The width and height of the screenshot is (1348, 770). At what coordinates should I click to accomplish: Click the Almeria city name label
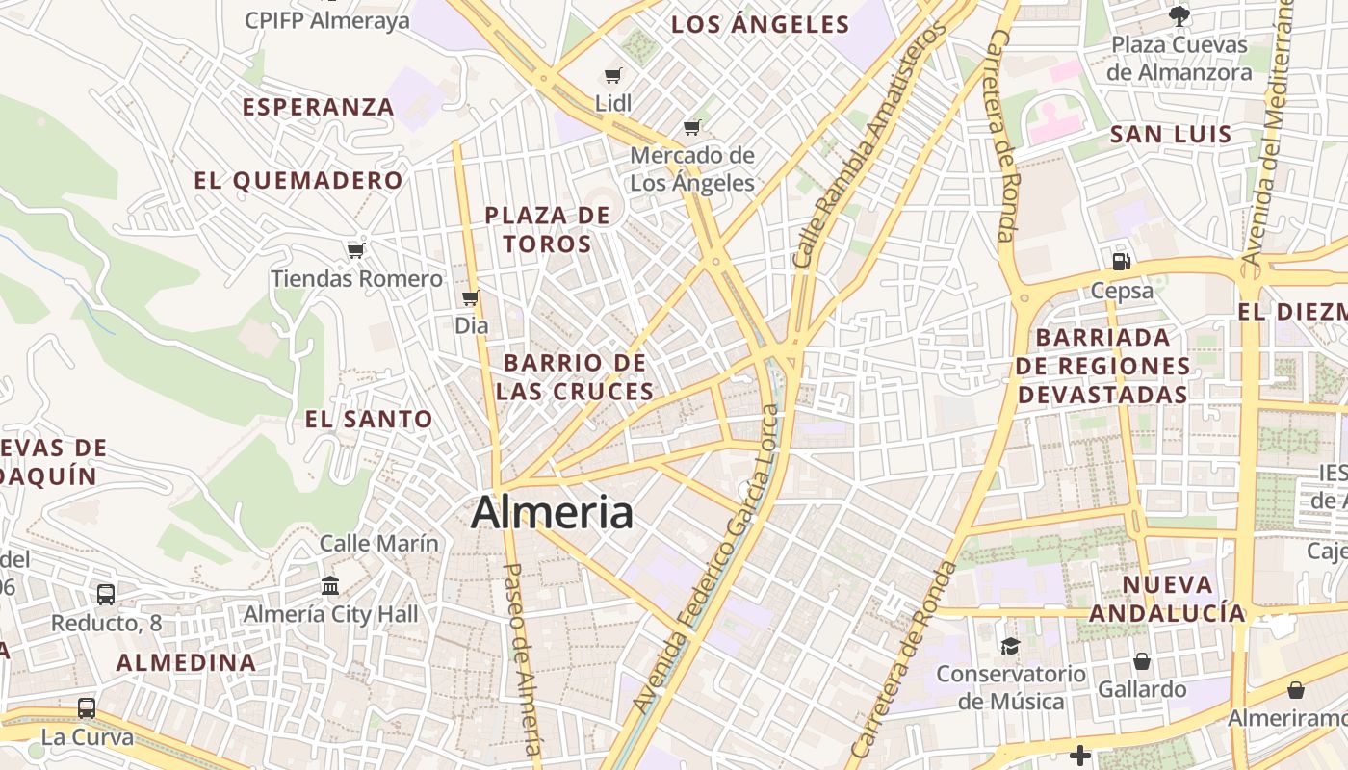552,512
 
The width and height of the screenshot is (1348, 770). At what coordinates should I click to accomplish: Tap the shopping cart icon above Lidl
612,75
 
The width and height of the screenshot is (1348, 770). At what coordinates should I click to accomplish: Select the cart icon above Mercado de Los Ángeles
691,127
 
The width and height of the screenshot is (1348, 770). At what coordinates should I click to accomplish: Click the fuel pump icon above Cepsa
1121,261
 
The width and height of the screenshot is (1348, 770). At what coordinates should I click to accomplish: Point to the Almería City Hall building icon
330,585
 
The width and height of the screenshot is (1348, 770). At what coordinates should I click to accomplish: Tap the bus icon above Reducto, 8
106,594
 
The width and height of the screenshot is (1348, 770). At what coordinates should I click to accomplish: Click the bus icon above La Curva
86,708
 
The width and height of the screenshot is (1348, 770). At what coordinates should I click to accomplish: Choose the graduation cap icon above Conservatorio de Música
1009,646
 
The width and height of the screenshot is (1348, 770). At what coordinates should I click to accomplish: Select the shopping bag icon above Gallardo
1141,661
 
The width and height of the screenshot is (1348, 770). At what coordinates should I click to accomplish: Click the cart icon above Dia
471,297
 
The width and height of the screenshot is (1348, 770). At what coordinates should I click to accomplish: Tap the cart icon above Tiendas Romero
355,250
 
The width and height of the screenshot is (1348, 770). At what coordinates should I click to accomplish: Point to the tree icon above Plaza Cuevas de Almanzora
1179,15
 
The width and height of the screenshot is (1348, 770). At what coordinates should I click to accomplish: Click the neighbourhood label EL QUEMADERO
298,180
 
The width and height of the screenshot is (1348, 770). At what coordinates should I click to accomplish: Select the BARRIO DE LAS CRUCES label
575,377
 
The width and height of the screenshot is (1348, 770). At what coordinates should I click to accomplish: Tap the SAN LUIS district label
1171,134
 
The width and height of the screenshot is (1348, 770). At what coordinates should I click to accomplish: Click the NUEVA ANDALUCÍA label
1166,599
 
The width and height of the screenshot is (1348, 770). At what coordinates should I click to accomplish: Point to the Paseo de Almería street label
524,658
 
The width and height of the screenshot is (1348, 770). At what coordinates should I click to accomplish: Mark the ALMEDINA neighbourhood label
187,662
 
